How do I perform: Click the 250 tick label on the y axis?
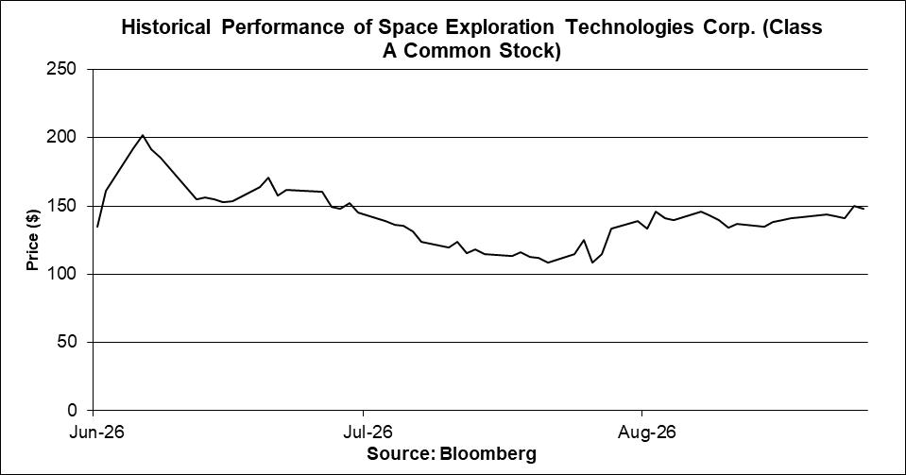pyautogui.click(x=60, y=69)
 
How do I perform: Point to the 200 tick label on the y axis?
pyautogui.click(x=60, y=138)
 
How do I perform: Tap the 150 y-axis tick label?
pyautogui.click(x=60, y=206)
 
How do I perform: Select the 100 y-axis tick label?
pyautogui.click(x=60, y=274)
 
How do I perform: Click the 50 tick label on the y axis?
pyautogui.click(x=66, y=342)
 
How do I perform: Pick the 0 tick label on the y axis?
pyautogui.click(x=72, y=410)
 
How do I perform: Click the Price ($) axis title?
pyautogui.click(x=33, y=240)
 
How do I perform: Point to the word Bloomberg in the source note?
pyautogui.click(x=487, y=453)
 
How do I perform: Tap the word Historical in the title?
pyautogui.click(x=166, y=27)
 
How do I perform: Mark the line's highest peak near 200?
pyautogui.click(x=143, y=135)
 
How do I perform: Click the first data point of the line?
pyautogui.click(x=97, y=227)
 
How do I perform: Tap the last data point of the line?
pyautogui.click(x=863, y=209)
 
